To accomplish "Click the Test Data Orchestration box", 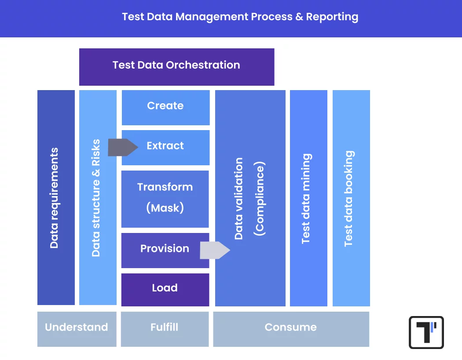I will coord(176,67).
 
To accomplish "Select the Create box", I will coord(165,107).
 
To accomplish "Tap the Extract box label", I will coord(165,146).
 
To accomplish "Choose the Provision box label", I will coord(165,249).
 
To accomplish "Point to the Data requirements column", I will coord(56,198).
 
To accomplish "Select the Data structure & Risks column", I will coord(97,198).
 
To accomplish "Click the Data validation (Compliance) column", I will coord(250,198).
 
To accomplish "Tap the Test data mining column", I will coord(308,198).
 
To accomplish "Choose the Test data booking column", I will coord(351,198).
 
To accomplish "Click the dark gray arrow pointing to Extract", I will coord(123,147).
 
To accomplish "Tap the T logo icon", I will coord(426,332).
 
